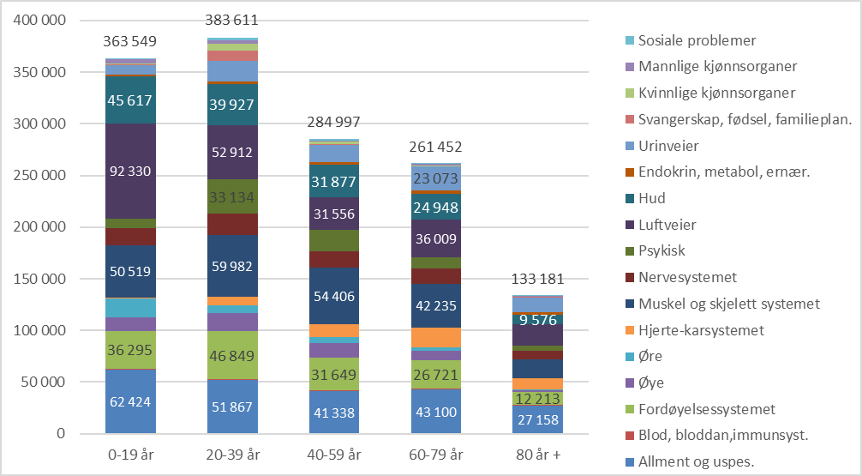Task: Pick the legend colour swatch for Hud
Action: pyautogui.click(x=631, y=199)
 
